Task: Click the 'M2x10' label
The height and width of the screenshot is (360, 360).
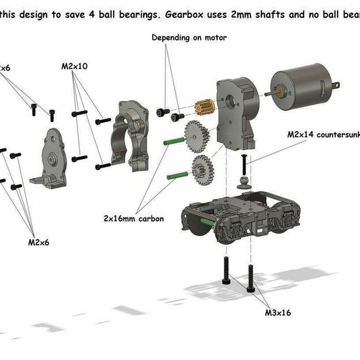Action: [x=73, y=66]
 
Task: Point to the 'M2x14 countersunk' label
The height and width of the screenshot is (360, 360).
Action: [x=321, y=133]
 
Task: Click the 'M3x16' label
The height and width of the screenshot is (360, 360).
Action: [x=277, y=313]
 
